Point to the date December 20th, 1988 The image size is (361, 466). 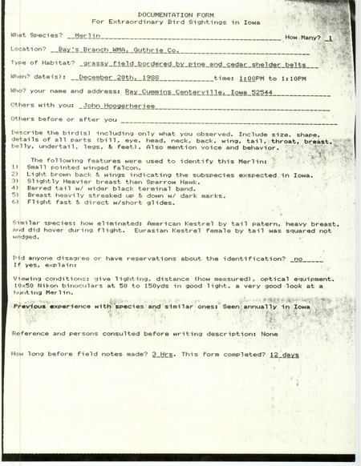[116, 78]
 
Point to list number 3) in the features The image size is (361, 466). [14, 203]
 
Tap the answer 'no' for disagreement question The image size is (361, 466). [299, 259]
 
